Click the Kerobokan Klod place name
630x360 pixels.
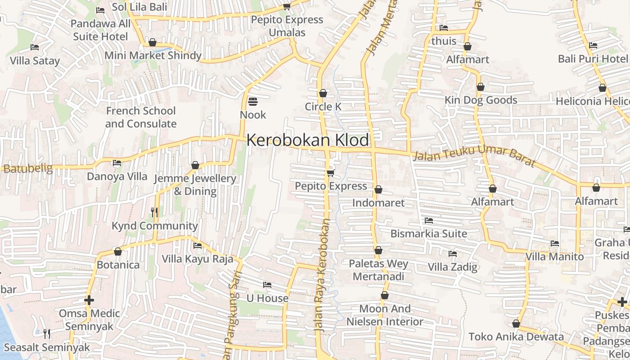307,140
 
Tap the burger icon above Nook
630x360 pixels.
253,102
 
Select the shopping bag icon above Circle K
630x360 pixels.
323,94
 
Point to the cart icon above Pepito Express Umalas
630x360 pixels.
287,6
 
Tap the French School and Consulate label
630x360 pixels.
141,117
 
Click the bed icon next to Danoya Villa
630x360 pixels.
117,163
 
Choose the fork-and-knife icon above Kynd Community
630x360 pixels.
154,212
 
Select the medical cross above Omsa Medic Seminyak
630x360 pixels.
89,300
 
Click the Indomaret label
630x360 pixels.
378,202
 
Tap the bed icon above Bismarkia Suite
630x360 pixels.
429,220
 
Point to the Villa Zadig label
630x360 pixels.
452,267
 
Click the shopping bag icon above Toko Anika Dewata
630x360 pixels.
516,324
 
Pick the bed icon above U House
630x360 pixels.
267,285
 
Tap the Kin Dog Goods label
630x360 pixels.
481,100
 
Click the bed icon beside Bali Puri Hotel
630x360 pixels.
593,45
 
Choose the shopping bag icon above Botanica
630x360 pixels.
118,252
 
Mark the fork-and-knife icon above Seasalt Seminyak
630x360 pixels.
47,333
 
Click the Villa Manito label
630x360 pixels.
555,257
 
